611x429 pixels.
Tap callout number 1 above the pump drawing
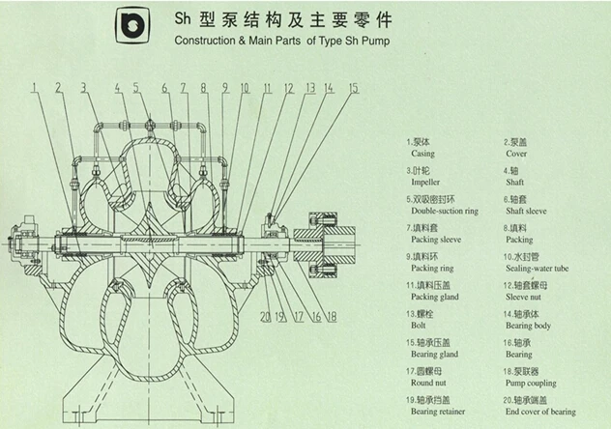point(32,88)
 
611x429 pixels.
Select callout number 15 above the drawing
point(353,88)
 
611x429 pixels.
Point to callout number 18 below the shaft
point(331,316)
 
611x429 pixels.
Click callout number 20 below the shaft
point(265,316)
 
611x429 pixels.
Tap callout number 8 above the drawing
point(204,88)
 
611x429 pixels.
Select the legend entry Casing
point(422,154)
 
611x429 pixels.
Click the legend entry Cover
point(516,154)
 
